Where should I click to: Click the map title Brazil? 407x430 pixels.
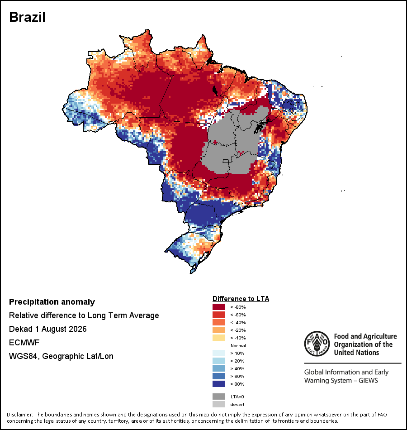click(27, 17)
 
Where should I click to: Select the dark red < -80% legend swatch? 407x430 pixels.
click(219, 307)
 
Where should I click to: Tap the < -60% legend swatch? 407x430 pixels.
click(219, 315)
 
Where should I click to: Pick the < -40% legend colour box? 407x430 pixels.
click(219, 322)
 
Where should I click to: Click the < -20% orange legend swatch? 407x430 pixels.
click(219, 330)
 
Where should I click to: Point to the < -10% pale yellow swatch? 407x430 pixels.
click(219, 338)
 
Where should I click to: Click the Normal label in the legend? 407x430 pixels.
click(238, 345)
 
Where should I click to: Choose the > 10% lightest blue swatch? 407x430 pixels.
click(219, 353)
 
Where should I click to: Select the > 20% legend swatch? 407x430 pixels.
click(219, 361)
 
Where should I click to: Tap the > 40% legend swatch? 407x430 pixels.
click(219, 368)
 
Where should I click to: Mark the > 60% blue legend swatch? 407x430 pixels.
click(219, 376)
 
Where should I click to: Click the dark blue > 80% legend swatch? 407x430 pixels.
click(219, 384)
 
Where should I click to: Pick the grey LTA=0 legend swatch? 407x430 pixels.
click(219, 397)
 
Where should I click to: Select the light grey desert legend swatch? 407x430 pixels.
click(219, 404)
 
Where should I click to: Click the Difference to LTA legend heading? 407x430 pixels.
click(241, 299)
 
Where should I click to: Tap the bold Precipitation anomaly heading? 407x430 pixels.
click(52, 302)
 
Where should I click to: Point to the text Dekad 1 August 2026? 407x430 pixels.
click(47, 329)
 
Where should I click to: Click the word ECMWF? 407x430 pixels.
click(24, 342)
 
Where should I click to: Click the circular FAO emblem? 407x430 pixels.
click(317, 344)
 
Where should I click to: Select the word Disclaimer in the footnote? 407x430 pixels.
click(19, 414)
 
